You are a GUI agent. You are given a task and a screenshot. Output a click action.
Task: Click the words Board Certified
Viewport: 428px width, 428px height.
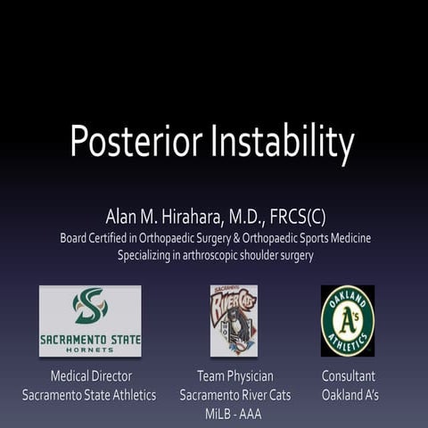(97, 238)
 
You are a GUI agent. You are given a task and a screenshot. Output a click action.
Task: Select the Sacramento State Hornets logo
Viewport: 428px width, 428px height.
(90, 321)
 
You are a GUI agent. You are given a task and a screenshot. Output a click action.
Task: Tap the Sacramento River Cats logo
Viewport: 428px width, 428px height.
(234, 320)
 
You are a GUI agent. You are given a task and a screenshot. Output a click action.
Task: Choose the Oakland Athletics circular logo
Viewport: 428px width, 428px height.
(348, 320)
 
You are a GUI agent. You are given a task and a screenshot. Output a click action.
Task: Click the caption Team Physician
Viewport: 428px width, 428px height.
(234, 376)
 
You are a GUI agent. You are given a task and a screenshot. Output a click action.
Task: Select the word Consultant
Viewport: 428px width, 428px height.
(349, 376)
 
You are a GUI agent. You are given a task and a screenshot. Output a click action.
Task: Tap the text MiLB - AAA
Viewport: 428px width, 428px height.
(234, 412)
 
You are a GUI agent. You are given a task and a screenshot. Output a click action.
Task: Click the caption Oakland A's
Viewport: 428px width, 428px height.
(349, 394)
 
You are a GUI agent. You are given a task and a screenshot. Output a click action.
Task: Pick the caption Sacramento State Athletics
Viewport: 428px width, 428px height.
(89, 394)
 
